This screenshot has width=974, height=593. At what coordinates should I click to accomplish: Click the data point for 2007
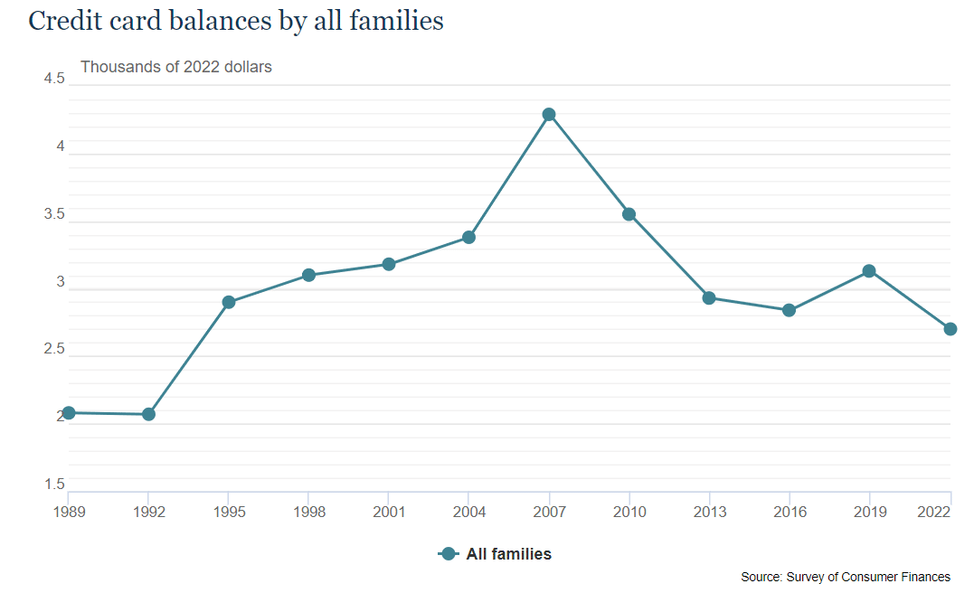coord(549,115)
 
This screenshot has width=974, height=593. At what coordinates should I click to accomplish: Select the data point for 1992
coord(148,414)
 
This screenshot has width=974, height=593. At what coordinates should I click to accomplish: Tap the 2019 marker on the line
coord(869,271)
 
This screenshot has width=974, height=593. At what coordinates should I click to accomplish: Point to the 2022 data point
coord(950,329)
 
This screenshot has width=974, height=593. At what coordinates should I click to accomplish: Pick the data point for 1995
coord(229,302)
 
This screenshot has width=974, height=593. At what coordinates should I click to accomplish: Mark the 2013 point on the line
coord(709,298)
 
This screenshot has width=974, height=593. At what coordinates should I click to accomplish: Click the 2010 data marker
coord(629,214)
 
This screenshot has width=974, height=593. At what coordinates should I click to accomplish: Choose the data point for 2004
coord(468,237)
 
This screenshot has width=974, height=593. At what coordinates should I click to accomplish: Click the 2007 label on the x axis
coord(549,513)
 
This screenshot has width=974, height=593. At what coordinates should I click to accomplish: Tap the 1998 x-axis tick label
coord(308,513)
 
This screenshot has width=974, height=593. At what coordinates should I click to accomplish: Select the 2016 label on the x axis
coord(789,513)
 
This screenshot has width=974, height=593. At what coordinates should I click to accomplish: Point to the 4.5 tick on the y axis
coord(54,80)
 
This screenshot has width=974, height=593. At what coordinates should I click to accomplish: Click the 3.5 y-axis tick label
coord(54,215)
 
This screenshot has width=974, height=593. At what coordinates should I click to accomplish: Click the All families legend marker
coord(447,554)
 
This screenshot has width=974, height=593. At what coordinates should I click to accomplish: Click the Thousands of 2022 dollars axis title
coord(176,66)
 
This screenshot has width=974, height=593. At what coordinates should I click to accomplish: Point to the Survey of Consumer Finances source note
coord(846,577)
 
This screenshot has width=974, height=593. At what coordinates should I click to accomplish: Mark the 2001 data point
coord(389,264)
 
